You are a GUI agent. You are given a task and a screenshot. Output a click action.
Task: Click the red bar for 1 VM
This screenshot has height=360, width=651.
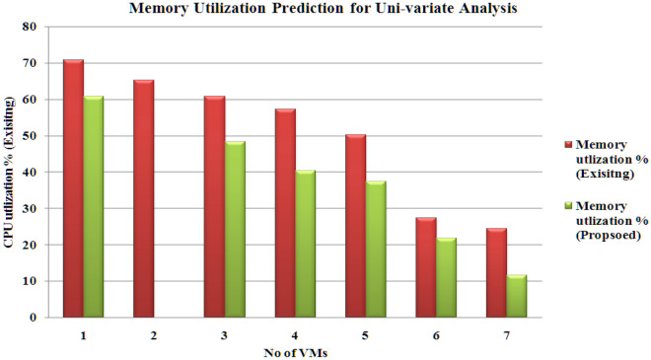click(73, 188)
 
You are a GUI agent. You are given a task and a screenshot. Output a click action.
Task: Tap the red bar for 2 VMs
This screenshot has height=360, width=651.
click(143, 198)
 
